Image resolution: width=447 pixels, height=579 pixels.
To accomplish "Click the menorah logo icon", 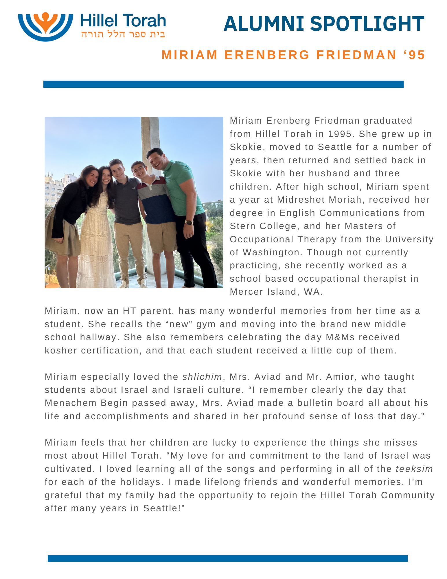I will (45, 26).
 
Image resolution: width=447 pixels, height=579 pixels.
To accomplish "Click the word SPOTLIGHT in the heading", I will (367, 24).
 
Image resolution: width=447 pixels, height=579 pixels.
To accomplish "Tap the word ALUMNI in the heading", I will (264, 24).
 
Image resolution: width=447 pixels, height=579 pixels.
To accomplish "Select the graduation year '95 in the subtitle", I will (414, 55).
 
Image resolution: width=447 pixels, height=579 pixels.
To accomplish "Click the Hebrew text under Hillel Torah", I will (123, 34).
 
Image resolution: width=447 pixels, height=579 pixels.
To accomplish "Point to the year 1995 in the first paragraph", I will (340, 134).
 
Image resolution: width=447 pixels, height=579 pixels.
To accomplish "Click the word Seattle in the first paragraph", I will (334, 147).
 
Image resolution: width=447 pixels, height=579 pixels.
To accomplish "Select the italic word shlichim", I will (202, 377).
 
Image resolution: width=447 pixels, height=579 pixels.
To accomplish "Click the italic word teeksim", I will (414, 469).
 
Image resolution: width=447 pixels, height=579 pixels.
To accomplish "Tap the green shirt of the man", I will (181, 188).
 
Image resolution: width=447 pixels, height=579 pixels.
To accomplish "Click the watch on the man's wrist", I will (189, 222).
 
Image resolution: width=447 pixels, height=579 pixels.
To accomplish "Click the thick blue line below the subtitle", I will (223, 84).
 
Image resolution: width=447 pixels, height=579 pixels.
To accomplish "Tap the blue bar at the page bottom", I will (227, 558).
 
